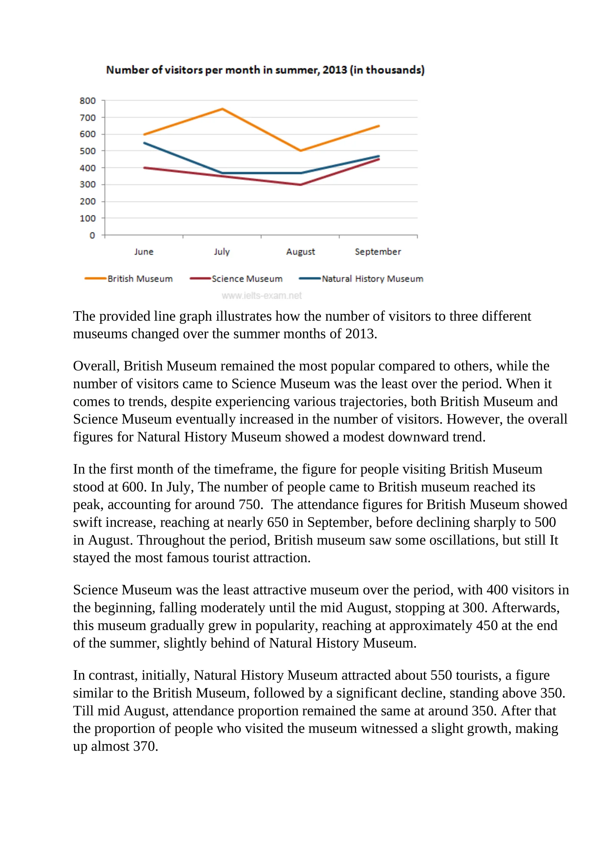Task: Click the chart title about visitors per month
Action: [x=265, y=70]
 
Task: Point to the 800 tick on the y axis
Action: [x=87, y=101]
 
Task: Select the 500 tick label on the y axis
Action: [x=87, y=151]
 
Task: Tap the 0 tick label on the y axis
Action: [x=92, y=235]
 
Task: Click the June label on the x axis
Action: [x=144, y=252]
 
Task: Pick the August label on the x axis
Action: [x=300, y=252]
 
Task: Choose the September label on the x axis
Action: [x=378, y=252]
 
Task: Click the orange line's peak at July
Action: [x=222, y=109]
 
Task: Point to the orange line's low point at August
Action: [x=300, y=150]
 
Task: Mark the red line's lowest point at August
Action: [x=300, y=185]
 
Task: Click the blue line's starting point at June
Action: [x=144, y=143]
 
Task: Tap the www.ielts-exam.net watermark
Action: [x=262, y=295]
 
